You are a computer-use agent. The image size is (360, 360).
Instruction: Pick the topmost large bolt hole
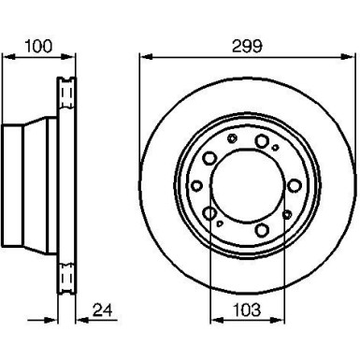coord(263,142)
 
